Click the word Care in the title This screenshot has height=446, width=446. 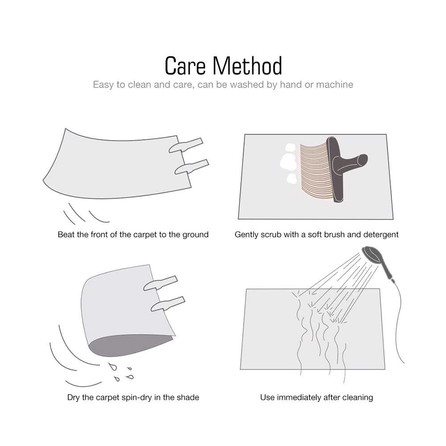coord(185,66)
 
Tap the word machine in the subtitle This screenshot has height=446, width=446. coord(334,84)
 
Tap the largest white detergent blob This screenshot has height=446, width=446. coord(288,162)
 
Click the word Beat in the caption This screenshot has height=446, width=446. coord(66,235)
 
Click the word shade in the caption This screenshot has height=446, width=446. coord(188,397)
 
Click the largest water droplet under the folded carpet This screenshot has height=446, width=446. coord(113,367)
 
